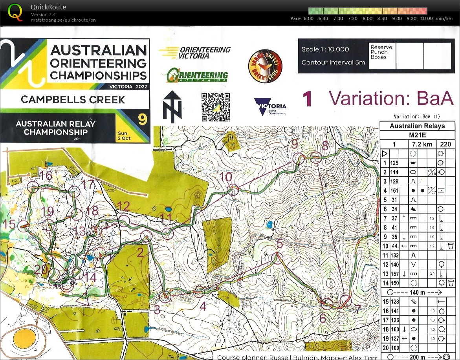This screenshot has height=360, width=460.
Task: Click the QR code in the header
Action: pyautogui.click(x=216, y=107)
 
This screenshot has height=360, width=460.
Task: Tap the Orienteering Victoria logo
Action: pyautogui.click(x=195, y=52)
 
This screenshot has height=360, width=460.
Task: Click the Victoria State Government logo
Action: pyautogui.click(x=270, y=106)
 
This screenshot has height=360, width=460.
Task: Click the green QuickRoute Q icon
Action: pyautogui.click(x=15, y=12)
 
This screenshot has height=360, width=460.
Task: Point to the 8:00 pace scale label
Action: pyautogui.click(x=368, y=18)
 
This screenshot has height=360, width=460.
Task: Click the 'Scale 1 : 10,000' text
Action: pyautogui.click(x=325, y=49)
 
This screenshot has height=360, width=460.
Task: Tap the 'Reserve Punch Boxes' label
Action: pyautogui.click(x=381, y=52)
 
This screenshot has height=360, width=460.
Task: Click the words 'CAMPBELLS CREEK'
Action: pyautogui.click(x=73, y=99)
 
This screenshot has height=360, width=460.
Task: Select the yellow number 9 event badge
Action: pyautogui.click(x=142, y=119)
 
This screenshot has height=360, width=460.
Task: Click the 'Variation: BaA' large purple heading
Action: pyautogui.click(x=391, y=99)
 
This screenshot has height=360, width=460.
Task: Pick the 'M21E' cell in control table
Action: pyautogui.click(x=417, y=135)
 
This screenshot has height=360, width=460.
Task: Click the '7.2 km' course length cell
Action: pyautogui.click(x=417, y=144)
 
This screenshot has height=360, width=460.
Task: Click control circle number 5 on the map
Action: pyautogui.click(x=277, y=258)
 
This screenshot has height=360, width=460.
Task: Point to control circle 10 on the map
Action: pyautogui.click(x=234, y=190)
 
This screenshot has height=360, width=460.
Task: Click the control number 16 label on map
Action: pyautogui.click(x=46, y=175)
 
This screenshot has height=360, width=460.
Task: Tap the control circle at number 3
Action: pyautogui.click(x=166, y=297)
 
